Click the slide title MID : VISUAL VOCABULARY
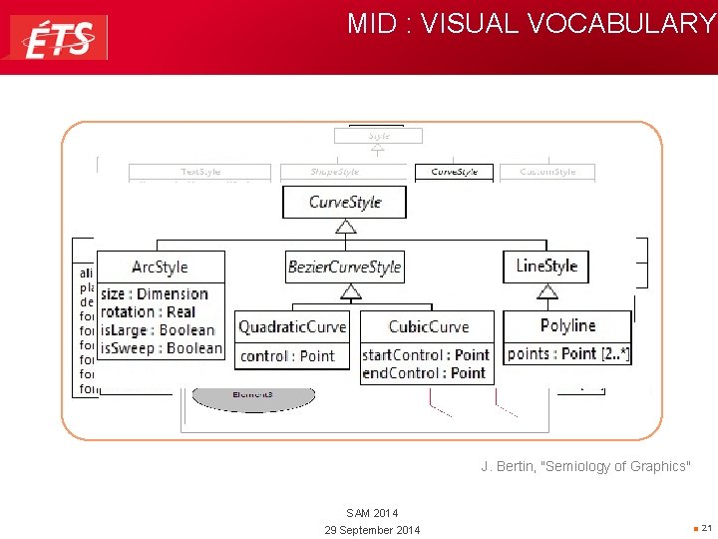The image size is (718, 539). click(x=531, y=24)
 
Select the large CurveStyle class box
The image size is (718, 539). click(x=345, y=202)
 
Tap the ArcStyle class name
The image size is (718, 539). click(x=160, y=267)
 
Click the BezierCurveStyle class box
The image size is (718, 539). click(x=344, y=267)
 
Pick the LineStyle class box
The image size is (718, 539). click(x=546, y=266)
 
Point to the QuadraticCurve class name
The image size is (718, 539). click(x=292, y=326)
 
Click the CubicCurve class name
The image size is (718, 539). click(x=428, y=326)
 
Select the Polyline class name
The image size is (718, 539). click(x=567, y=325)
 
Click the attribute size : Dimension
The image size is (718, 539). click(x=155, y=294)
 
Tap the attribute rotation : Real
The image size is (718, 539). click(x=149, y=312)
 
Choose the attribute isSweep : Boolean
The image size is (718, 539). click(x=162, y=348)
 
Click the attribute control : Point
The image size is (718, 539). click(x=287, y=355)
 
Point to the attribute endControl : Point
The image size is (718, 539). click(x=423, y=372)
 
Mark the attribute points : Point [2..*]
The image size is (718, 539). click(x=567, y=354)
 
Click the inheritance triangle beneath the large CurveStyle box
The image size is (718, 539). click(x=346, y=227)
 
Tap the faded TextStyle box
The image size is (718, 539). click(x=200, y=172)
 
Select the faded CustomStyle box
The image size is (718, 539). click(x=547, y=172)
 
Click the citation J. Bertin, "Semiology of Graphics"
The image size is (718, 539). click(x=584, y=466)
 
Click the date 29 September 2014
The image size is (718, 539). click(x=372, y=529)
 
